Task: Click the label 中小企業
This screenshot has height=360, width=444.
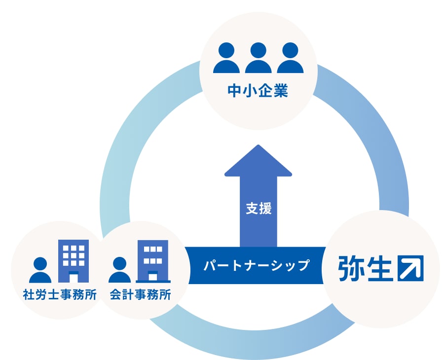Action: coord(258,91)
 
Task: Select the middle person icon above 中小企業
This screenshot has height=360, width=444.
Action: coord(258,58)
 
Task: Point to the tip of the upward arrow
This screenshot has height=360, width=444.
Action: coord(258,146)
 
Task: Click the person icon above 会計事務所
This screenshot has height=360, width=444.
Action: coord(119,270)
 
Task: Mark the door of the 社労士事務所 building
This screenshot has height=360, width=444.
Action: coord(74,277)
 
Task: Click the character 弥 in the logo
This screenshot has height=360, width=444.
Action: coord(351,268)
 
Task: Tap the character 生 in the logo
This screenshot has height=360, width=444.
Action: coord(379,268)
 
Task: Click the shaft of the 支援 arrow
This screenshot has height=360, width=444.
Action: coord(258,227)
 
